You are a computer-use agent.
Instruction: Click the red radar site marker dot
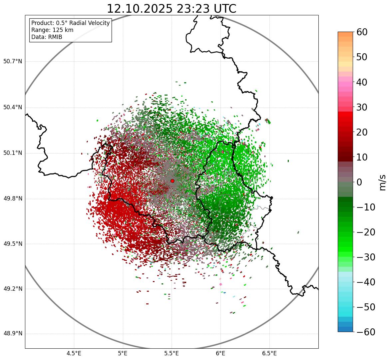[x=172, y=181]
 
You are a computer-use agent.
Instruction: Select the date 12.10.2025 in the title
[x=139, y=9]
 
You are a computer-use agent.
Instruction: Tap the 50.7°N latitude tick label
[x=13, y=62]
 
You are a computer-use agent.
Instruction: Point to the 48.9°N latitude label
[x=13, y=334]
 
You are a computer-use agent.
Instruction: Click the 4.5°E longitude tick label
[x=74, y=353]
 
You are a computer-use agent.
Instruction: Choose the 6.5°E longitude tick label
[x=269, y=353]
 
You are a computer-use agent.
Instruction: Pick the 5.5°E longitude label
[x=172, y=353]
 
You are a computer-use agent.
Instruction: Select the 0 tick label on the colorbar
[x=359, y=182]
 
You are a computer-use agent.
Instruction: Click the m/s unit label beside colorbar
[x=382, y=182]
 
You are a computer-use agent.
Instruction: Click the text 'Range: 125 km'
[x=52, y=30]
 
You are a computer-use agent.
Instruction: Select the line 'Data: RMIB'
[x=47, y=37]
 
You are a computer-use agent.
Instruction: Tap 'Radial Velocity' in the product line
[x=89, y=23]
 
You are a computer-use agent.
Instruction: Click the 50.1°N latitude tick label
[x=13, y=153]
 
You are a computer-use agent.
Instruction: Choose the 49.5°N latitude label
[x=13, y=244]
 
